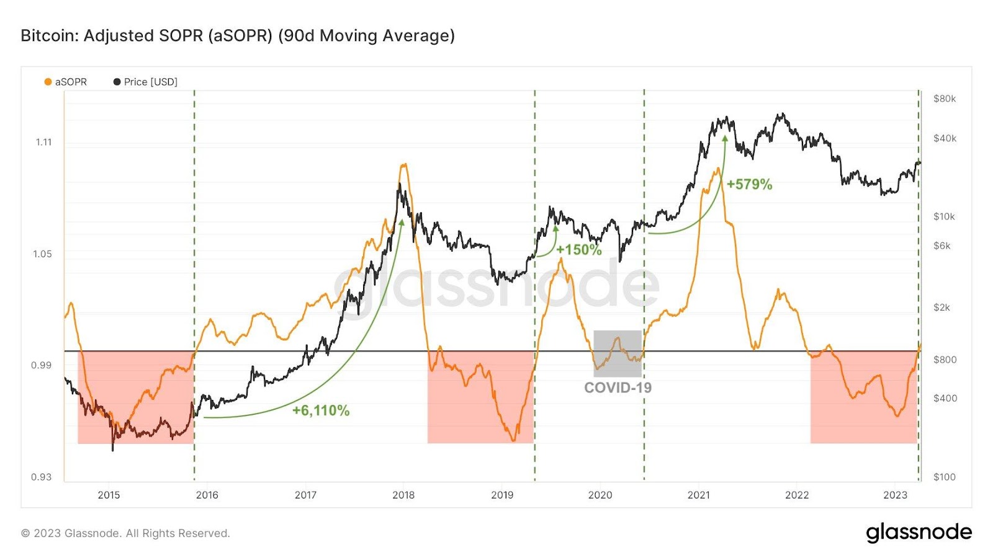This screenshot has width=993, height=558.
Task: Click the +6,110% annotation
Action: pyautogui.click(x=321, y=410)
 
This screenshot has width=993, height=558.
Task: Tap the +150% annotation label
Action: pyautogui.click(x=579, y=250)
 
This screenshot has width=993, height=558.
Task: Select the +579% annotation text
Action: pyautogui.click(x=750, y=184)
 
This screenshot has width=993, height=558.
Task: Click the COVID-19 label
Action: pyautogui.click(x=618, y=387)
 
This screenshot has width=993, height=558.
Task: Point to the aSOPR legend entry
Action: pyautogui.click(x=66, y=82)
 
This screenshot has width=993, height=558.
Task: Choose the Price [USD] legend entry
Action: pyautogui.click(x=145, y=82)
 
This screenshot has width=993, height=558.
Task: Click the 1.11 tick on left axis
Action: pyautogui.click(x=44, y=142)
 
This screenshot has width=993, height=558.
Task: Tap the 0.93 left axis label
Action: pyautogui.click(x=41, y=477)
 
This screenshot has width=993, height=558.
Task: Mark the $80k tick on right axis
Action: pyautogui.click(x=944, y=99)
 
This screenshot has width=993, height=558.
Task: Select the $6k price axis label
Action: pyautogui.click(x=942, y=246)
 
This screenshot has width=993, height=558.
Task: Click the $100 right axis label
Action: pyautogui.click(x=944, y=477)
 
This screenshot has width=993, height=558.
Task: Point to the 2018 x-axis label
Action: pyautogui.click(x=403, y=495)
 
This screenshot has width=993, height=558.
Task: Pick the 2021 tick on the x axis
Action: pyautogui.click(x=699, y=495)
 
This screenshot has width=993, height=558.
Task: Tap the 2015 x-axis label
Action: pyautogui.click(x=109, y=495)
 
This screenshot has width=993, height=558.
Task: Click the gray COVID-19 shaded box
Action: pyautogui.click(x=618, y=354)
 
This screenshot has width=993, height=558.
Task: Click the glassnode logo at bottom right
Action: pyautogui.click(x=919, y=533)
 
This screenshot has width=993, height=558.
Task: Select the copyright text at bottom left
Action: pyautogui.click(x=125, y=533)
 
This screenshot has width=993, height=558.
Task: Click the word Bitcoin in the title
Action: pyautogui.click(x=49, y=35)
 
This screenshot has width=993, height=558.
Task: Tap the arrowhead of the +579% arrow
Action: pyautogui.click(x=725, y=139)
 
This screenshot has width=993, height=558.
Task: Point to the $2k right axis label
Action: pyautogui.click(x=942, y=308)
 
